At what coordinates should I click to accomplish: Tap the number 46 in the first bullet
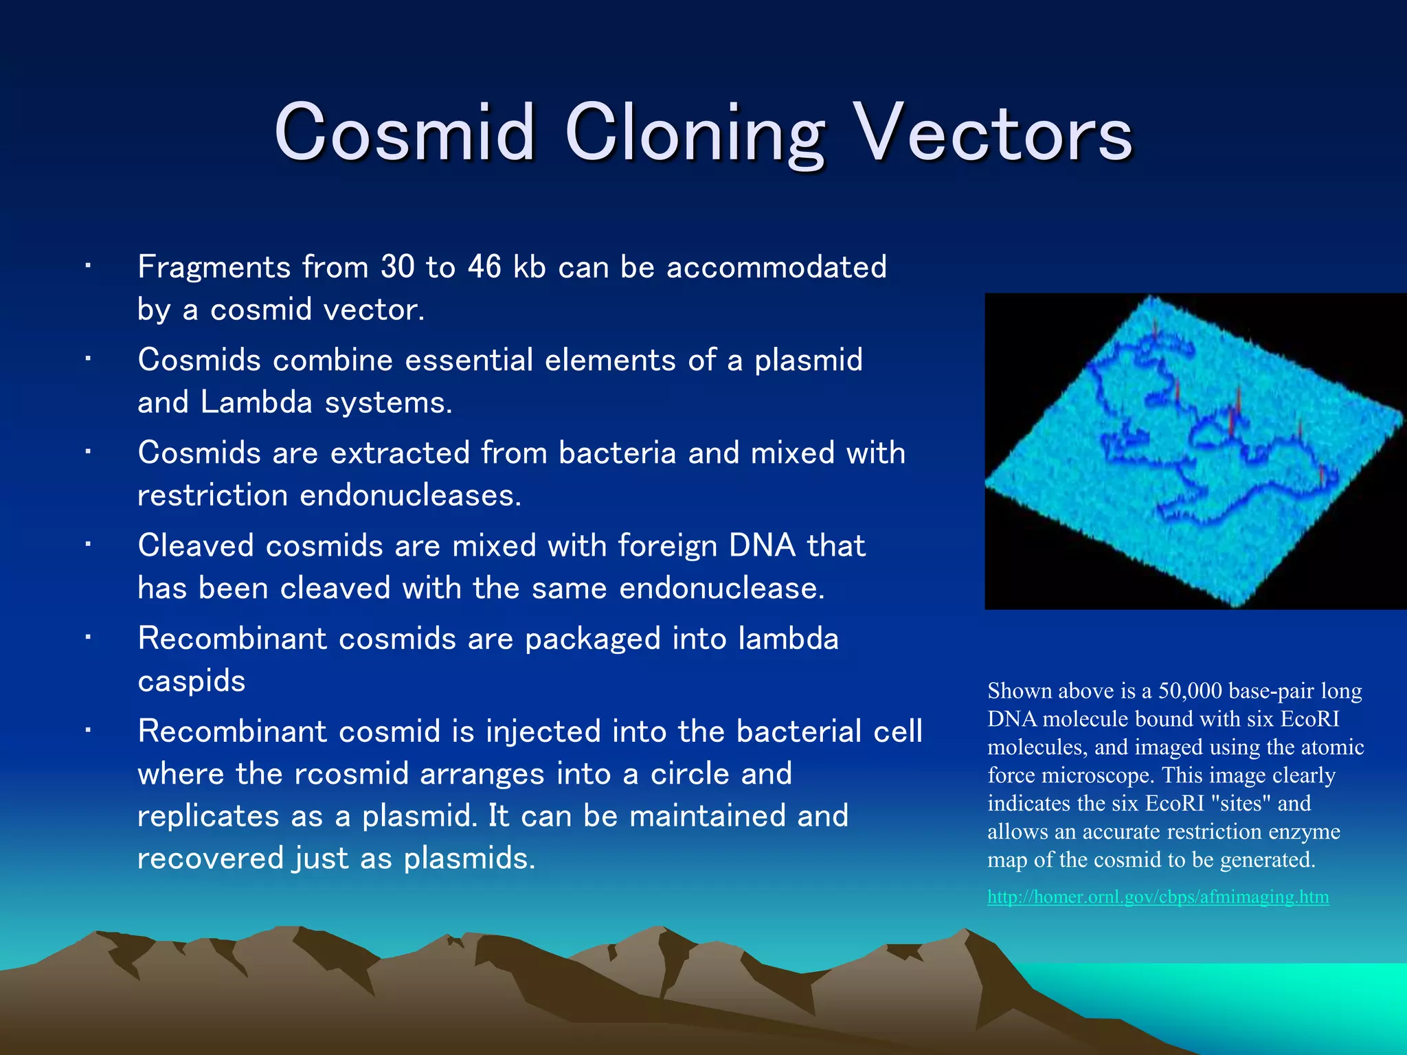pos(484,266)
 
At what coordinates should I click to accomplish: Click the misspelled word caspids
pos(191,681)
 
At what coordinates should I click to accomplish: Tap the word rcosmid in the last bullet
pos(351,774)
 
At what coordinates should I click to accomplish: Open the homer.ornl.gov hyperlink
pos(1158,897)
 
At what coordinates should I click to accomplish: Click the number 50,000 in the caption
pos(1190,691)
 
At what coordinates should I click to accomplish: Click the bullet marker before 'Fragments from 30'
pos(88,266)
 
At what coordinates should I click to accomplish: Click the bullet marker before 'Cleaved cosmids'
pos(88,545)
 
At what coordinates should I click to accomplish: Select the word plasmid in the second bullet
pos(808,360)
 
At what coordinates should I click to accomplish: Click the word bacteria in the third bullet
pos(617,453)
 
